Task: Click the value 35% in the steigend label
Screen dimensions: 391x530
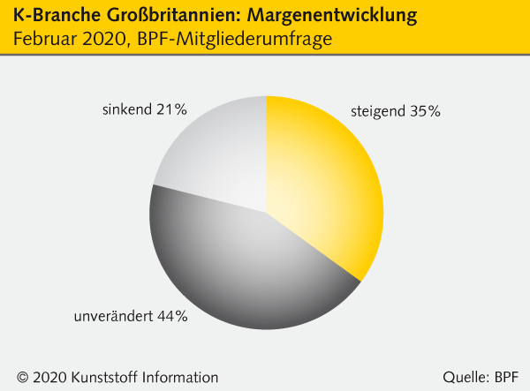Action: tap(424, 111)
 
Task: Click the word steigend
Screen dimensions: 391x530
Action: tap(377, 112)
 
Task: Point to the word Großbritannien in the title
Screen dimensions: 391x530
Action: tap(166, 16)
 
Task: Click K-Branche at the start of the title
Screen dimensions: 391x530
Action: tap(52, 16)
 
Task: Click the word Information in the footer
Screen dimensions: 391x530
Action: tap(179, 377)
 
